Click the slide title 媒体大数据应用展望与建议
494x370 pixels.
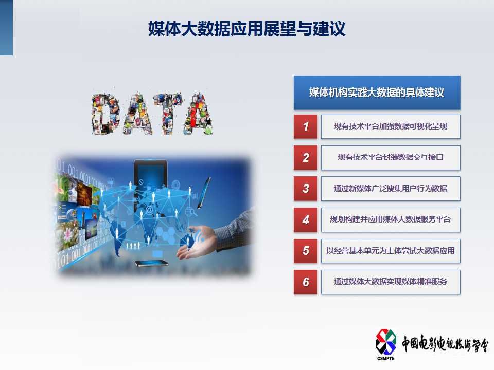pyautogui.click(x=246, y=29)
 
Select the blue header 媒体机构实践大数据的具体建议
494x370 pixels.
pyautogui.click(x=377, y=92)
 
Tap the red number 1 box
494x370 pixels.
pyautogui.click(x=306, y=126)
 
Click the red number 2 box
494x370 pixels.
pyautogui.click(x=306, y=158)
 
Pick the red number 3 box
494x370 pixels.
pyautogui.click(x=306, y=189)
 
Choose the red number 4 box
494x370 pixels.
pyautogui.click(x=306, y=219)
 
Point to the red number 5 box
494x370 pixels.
pyautogui.click(x=306, y=251)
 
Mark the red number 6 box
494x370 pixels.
pyautogui.click(x=306, y=282)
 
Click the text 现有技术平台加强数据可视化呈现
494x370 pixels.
pyautogui.click(x=391, y=126)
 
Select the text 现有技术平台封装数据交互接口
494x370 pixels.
pyautogui.click(x=391, y=157)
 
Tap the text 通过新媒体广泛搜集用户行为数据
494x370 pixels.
pyautogui.click(x=391, y=188)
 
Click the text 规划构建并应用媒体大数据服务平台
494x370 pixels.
pyautogui.click(x=391, y=219)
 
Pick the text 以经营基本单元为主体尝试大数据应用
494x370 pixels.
pyautogui.click(x=391, y=250)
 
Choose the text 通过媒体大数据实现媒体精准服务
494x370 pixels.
pyautogui.click(x=391, y=281)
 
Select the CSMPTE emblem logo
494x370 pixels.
pyautogui.click(x=385, y=342)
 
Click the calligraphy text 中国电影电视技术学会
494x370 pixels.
pyautogui.click(x=445, y=344)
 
